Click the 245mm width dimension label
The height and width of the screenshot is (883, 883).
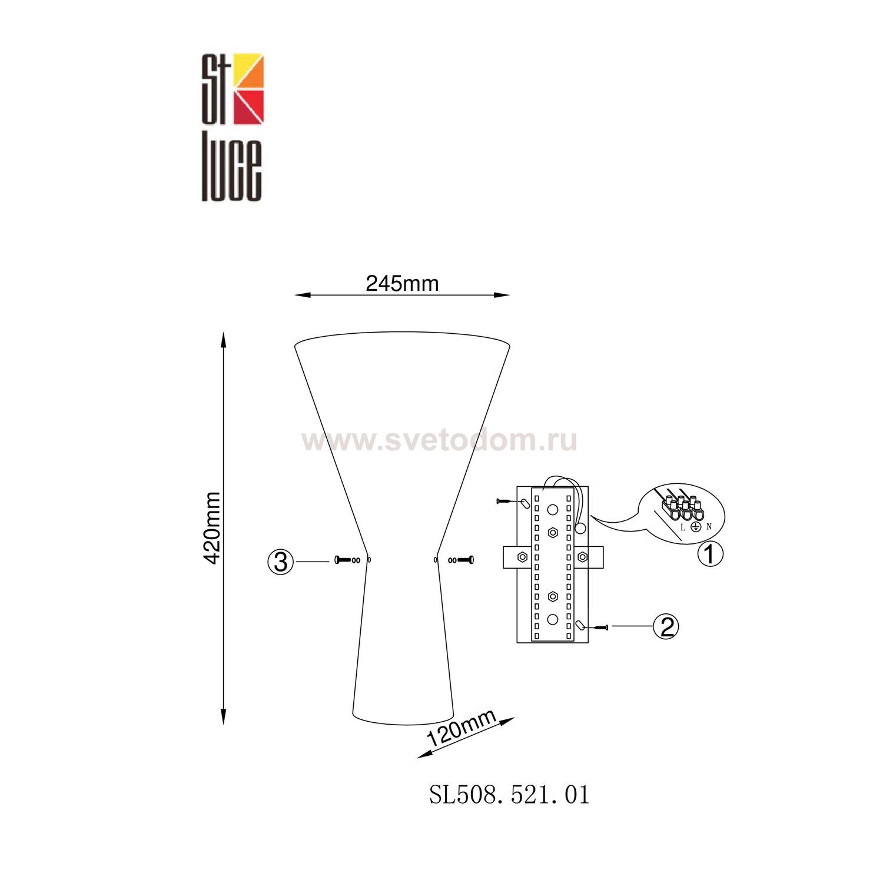pos(402,284)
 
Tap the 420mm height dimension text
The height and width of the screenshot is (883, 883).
pos(211,527)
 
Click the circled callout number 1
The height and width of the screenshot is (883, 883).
pos(710,553)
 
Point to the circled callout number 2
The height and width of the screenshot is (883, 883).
pos(666,626)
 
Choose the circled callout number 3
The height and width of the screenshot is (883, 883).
pos(281,562)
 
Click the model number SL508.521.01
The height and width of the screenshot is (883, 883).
pos(509,795)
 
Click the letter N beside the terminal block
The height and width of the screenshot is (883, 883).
pos(709,526)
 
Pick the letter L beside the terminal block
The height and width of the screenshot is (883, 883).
pos(683,527)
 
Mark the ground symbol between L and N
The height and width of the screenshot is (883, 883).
pos(696,526)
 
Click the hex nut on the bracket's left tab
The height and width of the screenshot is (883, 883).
pos(522,556)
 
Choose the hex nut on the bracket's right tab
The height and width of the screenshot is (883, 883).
pos(582,556)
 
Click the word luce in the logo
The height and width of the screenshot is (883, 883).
pos(232,171)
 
